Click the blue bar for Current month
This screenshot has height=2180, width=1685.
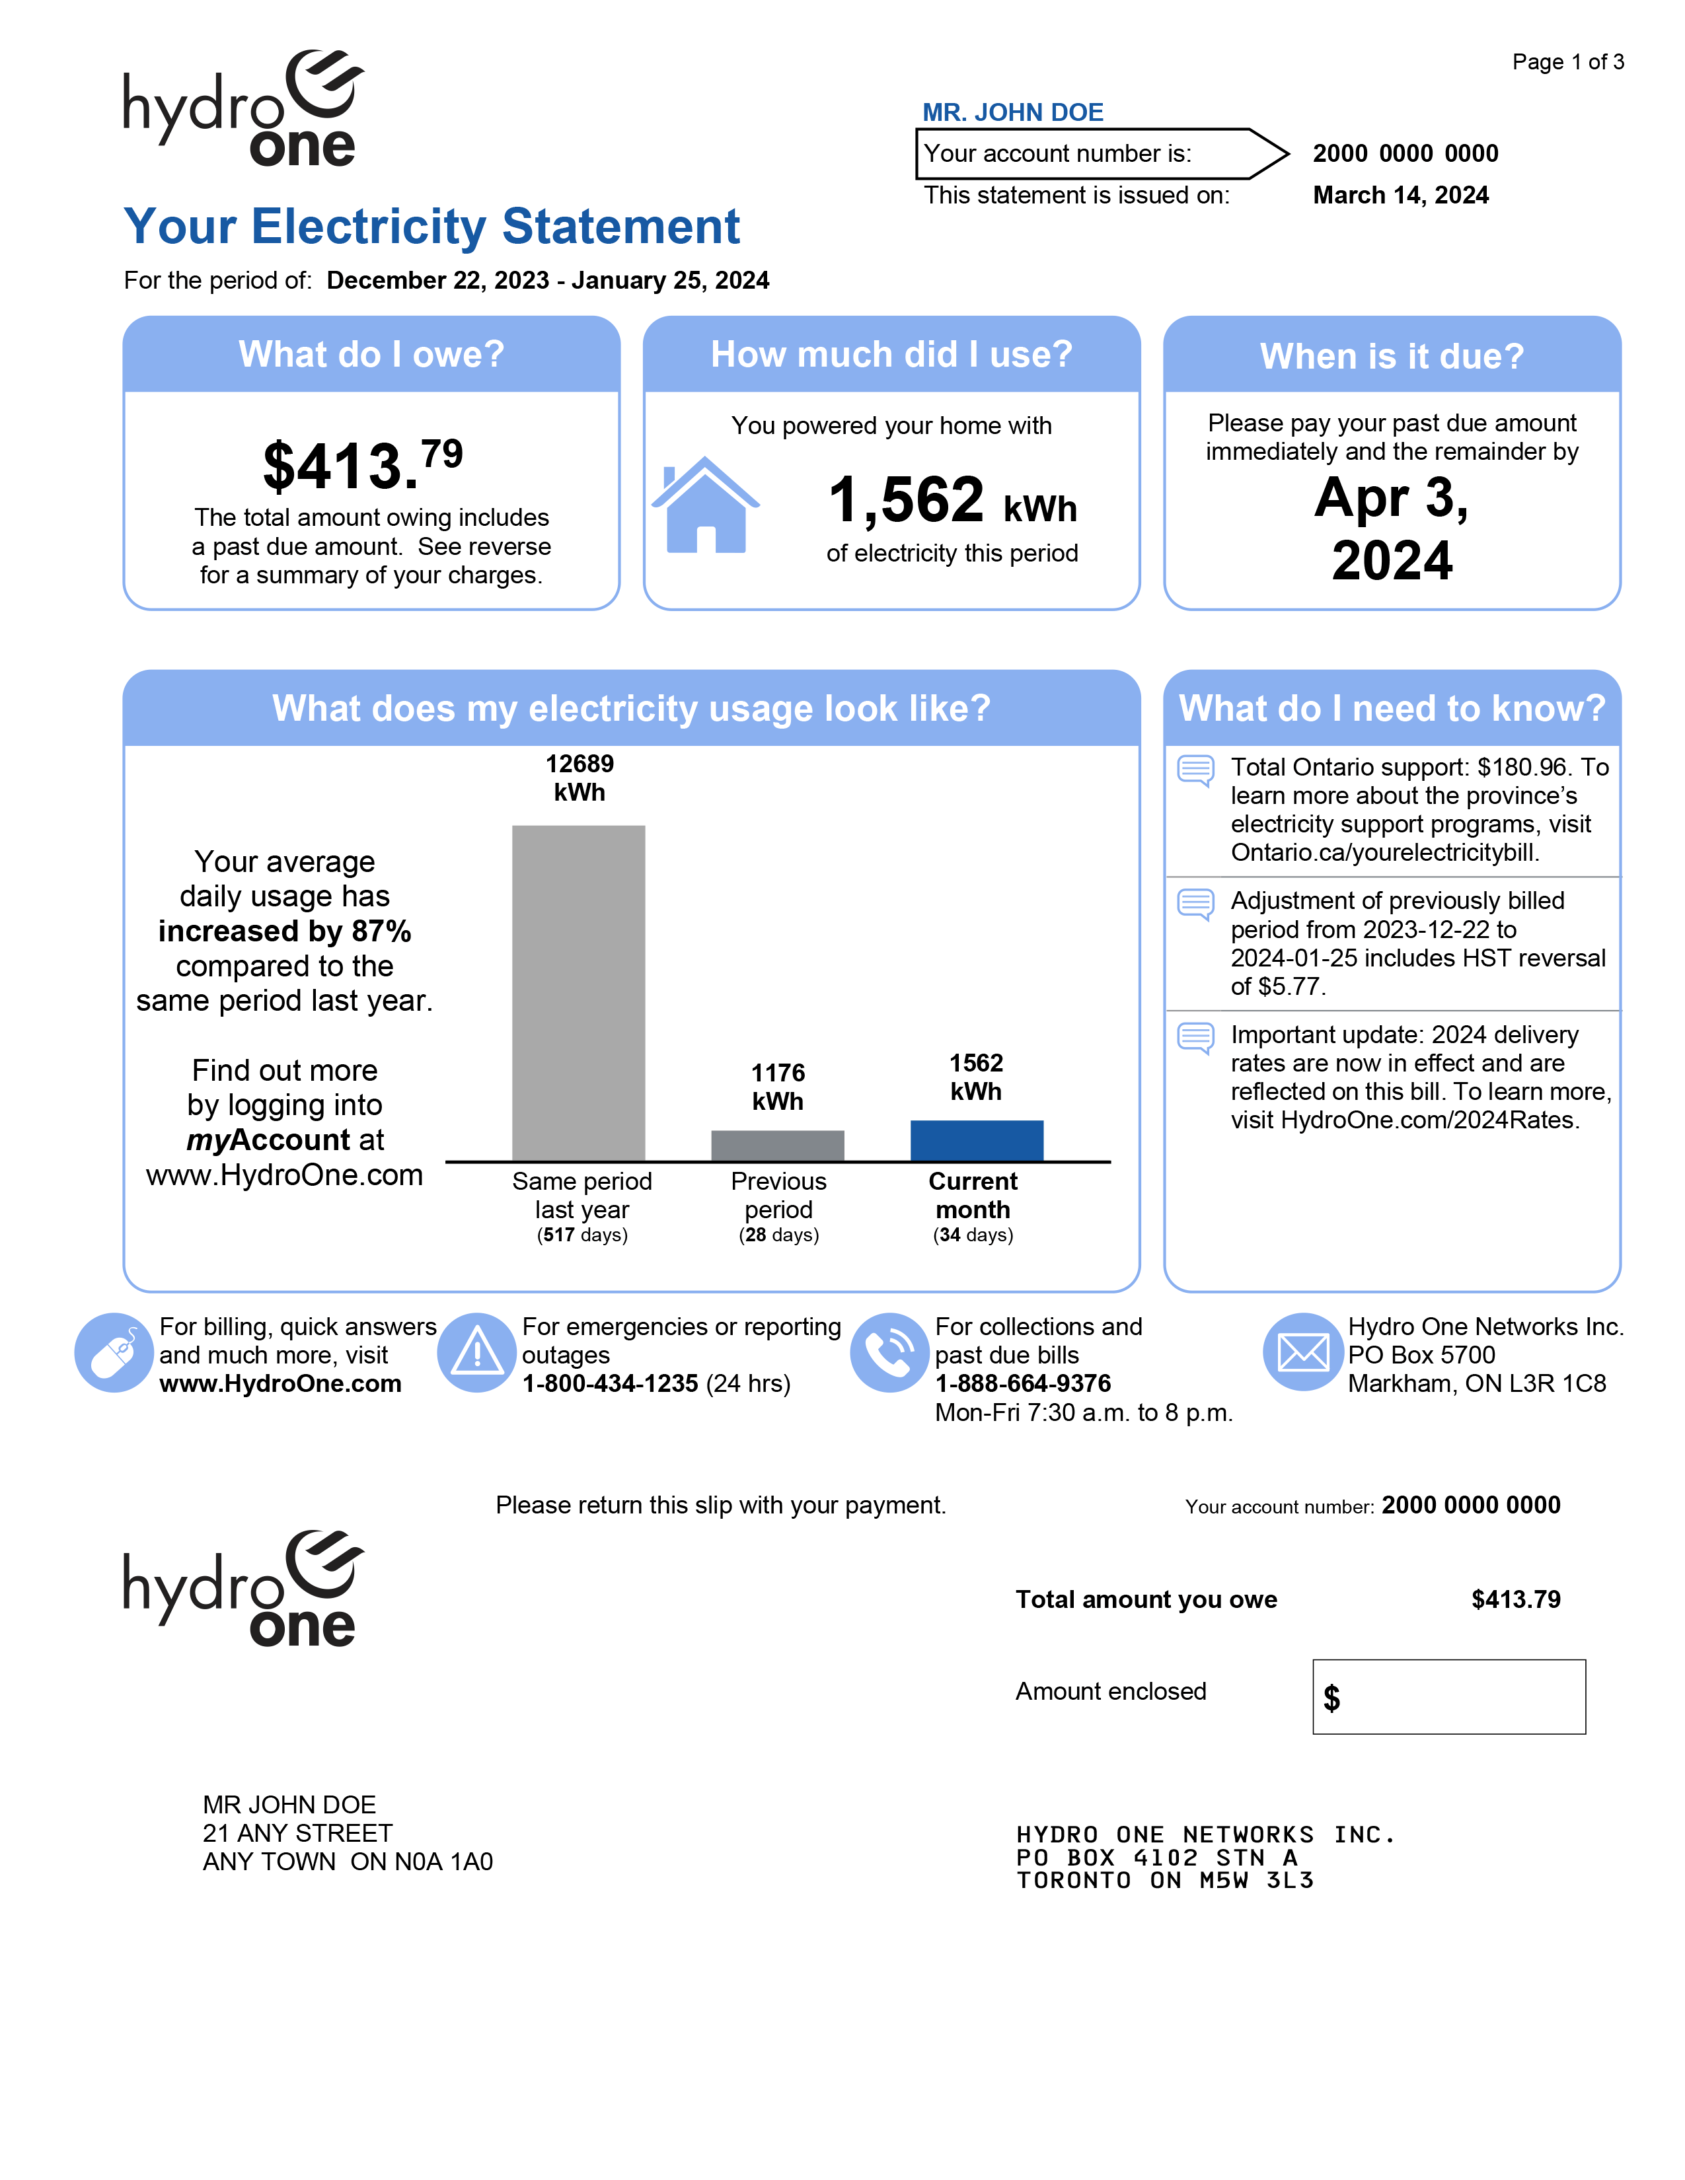point(976,1140)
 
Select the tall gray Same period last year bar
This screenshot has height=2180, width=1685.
point(578,992)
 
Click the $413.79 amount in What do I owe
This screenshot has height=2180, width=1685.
point(362,465)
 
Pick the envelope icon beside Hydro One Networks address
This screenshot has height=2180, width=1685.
point(1302,1352)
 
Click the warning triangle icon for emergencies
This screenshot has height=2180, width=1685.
point(477,1352)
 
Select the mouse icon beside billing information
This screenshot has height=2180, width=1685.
point(114,1352)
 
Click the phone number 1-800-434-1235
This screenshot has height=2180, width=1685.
point(610,1383)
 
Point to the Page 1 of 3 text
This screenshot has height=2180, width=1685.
point(1567,62)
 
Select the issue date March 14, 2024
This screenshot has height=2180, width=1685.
point(1400,195)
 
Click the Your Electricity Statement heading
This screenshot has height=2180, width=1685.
point(431,227)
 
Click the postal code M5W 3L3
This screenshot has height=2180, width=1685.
point(1255,1881)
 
